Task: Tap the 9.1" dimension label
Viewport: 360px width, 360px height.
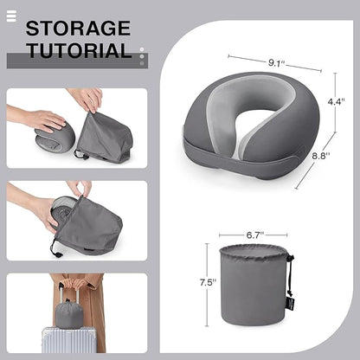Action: click(278, 62)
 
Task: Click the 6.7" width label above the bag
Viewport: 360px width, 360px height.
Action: click(254, 234)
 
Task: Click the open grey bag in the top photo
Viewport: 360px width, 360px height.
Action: click(104, 138)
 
